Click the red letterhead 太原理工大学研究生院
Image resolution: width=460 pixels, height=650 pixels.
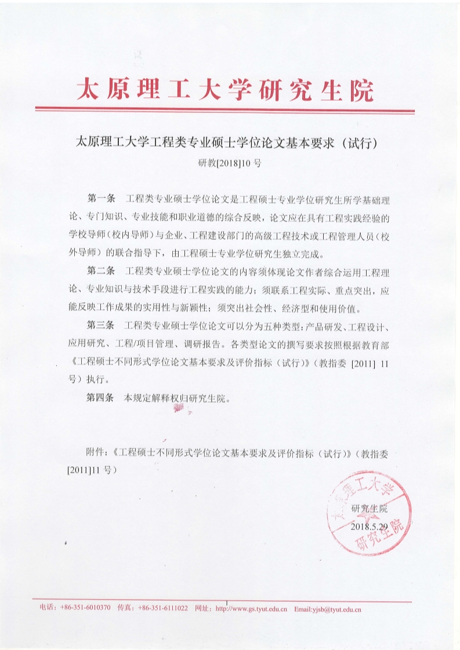click(226, 90)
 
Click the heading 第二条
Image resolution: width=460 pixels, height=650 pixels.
click(100, 271)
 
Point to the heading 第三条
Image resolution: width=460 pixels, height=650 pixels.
click(100, 325)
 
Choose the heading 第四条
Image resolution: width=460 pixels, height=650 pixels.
click(100, 399)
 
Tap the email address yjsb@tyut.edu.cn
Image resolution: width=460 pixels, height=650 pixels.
click(328, 609)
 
